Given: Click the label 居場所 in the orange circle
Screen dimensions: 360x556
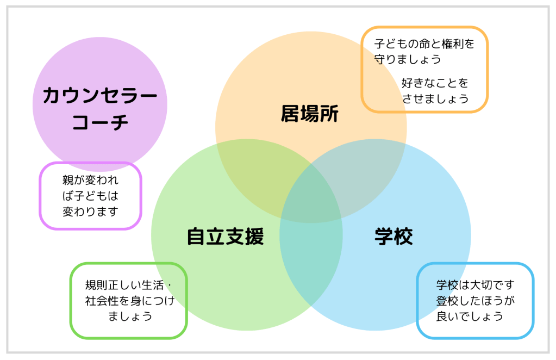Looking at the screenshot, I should [x=310, y=114].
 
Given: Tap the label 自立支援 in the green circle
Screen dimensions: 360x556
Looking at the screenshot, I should [x=225, y=237].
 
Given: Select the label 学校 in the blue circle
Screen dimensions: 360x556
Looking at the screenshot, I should [x=393, y=237].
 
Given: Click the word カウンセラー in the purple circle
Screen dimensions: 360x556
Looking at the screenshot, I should [x=100, y=96].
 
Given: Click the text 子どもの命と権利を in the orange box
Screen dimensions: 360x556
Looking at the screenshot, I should [x=424, y=44].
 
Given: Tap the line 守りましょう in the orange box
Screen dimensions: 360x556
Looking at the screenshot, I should [x=408, y=59].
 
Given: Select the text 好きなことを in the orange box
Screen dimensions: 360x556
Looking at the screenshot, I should [x=435, y=83].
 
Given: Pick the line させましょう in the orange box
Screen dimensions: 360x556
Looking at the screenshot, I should [x=435, y=98].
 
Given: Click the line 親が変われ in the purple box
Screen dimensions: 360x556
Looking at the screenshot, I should [x=90, y=181].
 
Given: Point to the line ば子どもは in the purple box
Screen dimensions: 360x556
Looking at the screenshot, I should [x=90, y=196].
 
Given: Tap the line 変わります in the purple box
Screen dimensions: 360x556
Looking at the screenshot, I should [x=90, y=212].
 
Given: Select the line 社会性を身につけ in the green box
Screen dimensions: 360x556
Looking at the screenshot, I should [x=130, y=300].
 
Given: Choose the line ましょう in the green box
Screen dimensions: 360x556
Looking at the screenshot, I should [x=130, y=316].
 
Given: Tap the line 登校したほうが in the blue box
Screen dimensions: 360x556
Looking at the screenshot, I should [x=475, y=300].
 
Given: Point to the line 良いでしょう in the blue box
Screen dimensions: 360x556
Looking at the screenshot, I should [x=470, y=316].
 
